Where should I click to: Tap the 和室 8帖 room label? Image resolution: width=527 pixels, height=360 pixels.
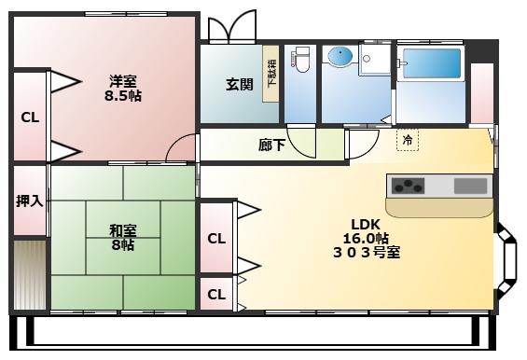[121, 237]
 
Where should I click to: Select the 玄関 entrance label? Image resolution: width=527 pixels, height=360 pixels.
[239, 85]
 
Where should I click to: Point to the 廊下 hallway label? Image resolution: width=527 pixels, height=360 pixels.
[271, 145]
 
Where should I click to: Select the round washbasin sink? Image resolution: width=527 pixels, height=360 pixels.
[339, 59]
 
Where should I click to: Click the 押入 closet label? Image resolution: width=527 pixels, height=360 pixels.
[29, 201]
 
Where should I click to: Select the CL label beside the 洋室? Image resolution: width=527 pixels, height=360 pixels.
[29, 118]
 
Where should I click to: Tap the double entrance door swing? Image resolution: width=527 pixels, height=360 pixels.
[231, 27]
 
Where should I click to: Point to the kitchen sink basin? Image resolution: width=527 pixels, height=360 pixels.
[469, 187]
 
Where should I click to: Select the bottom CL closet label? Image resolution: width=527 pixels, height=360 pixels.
[216, 295]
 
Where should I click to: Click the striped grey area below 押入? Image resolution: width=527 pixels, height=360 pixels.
[29, 274]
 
